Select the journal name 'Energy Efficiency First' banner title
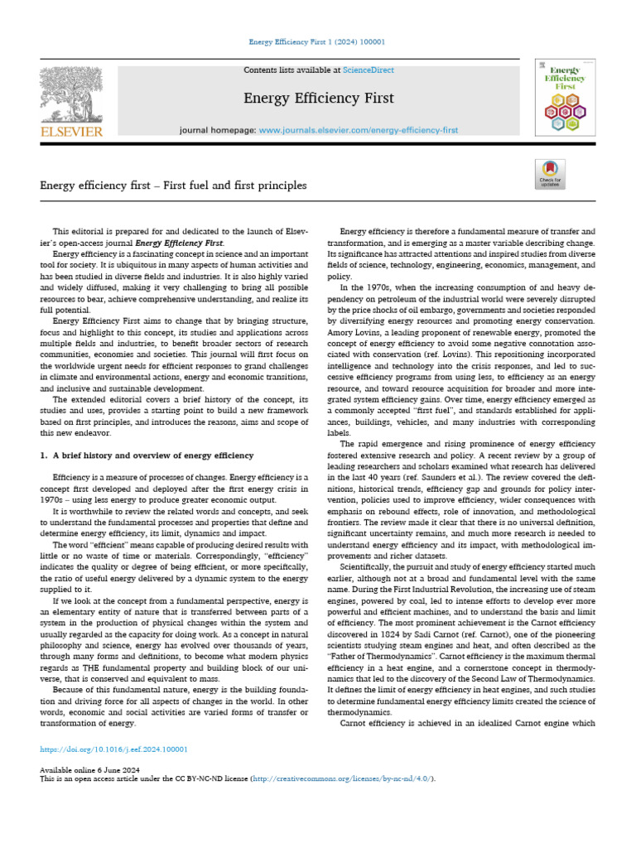point(318,99)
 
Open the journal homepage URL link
point(359,131)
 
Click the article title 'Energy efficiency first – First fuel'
point(173,185)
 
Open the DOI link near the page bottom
point(114,749)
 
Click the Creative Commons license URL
point(344,778)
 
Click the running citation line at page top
point(317,42)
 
